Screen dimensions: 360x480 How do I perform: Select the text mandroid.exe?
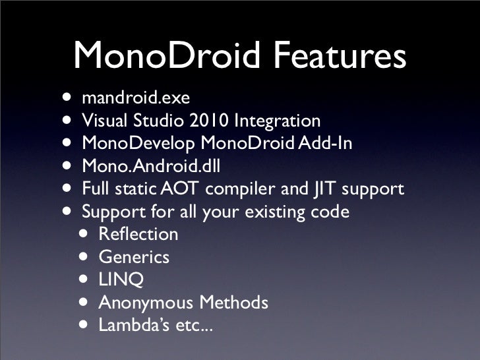click(x=136, y=99)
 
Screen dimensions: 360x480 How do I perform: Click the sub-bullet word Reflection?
click(x=138, y=235)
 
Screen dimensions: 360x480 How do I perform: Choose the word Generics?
click(x=134, y=257)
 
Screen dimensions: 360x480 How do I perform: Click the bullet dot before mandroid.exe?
click(x=69, y=98)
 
